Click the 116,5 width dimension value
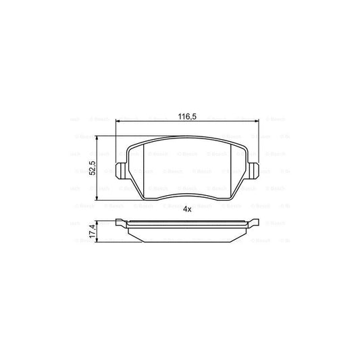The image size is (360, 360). point(186,117)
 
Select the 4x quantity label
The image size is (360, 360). point(188,209)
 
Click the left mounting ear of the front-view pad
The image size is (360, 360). point(120,170)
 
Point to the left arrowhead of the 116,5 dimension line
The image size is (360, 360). point(120,122)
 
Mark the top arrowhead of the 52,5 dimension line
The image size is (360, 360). point(99,138)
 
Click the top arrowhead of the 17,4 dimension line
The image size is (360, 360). point(99,223)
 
